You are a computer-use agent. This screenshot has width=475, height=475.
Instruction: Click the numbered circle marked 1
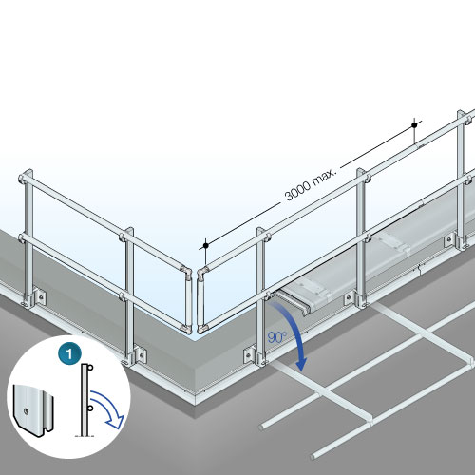pyautogui.click(x=68, y=352)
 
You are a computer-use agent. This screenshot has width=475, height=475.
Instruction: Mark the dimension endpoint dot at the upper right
pyautogui.click(x=414, y=124)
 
